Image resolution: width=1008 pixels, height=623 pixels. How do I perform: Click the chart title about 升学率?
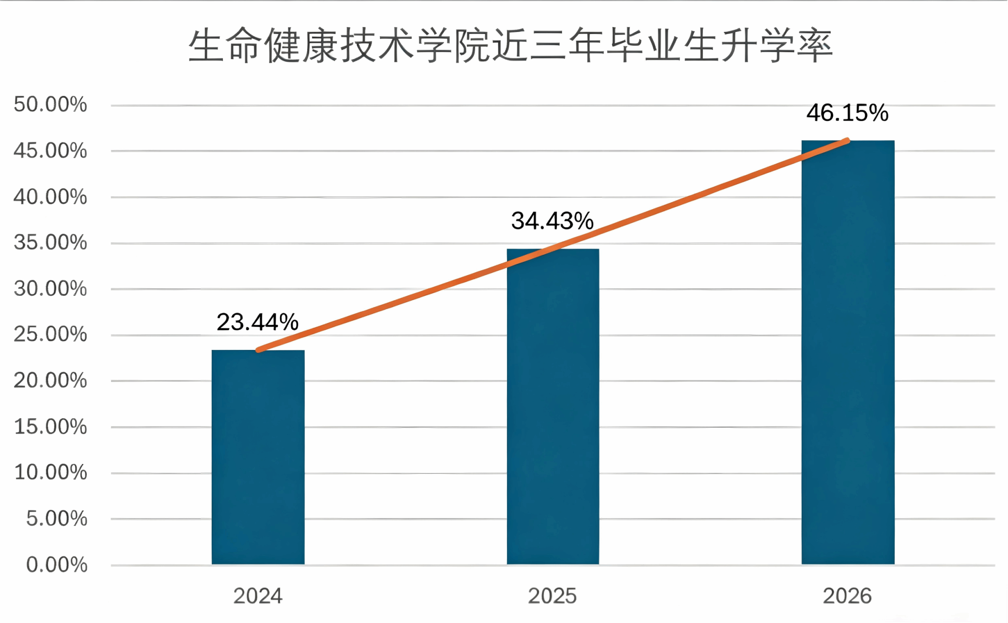point(510,46)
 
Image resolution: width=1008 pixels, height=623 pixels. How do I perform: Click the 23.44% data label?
point(257,322)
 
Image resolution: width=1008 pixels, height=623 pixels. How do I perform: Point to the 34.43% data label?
point(552,221)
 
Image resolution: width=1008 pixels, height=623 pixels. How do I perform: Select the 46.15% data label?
point(847,113)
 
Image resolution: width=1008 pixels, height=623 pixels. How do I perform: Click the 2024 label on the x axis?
point(257,596)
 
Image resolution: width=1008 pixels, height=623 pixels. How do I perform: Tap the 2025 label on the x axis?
point(552,596)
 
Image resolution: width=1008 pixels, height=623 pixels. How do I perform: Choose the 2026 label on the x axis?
point(847,596)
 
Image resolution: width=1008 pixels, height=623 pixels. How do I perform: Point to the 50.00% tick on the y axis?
point(50,104)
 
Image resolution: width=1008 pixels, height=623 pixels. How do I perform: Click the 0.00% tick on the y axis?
point(57,564)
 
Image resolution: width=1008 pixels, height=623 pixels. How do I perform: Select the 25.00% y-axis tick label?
point(50,334)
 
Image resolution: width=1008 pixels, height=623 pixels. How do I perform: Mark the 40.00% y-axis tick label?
point(50,197)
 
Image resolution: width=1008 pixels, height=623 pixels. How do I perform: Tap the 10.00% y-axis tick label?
point(50,472)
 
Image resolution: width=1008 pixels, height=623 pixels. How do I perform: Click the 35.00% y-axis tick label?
point(50,243)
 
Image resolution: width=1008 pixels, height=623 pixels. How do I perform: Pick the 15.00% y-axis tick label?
point(50,427)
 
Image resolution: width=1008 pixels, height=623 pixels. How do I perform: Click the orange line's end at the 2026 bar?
point(847,141)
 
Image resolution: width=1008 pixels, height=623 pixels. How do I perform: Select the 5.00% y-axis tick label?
point(57,518)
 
